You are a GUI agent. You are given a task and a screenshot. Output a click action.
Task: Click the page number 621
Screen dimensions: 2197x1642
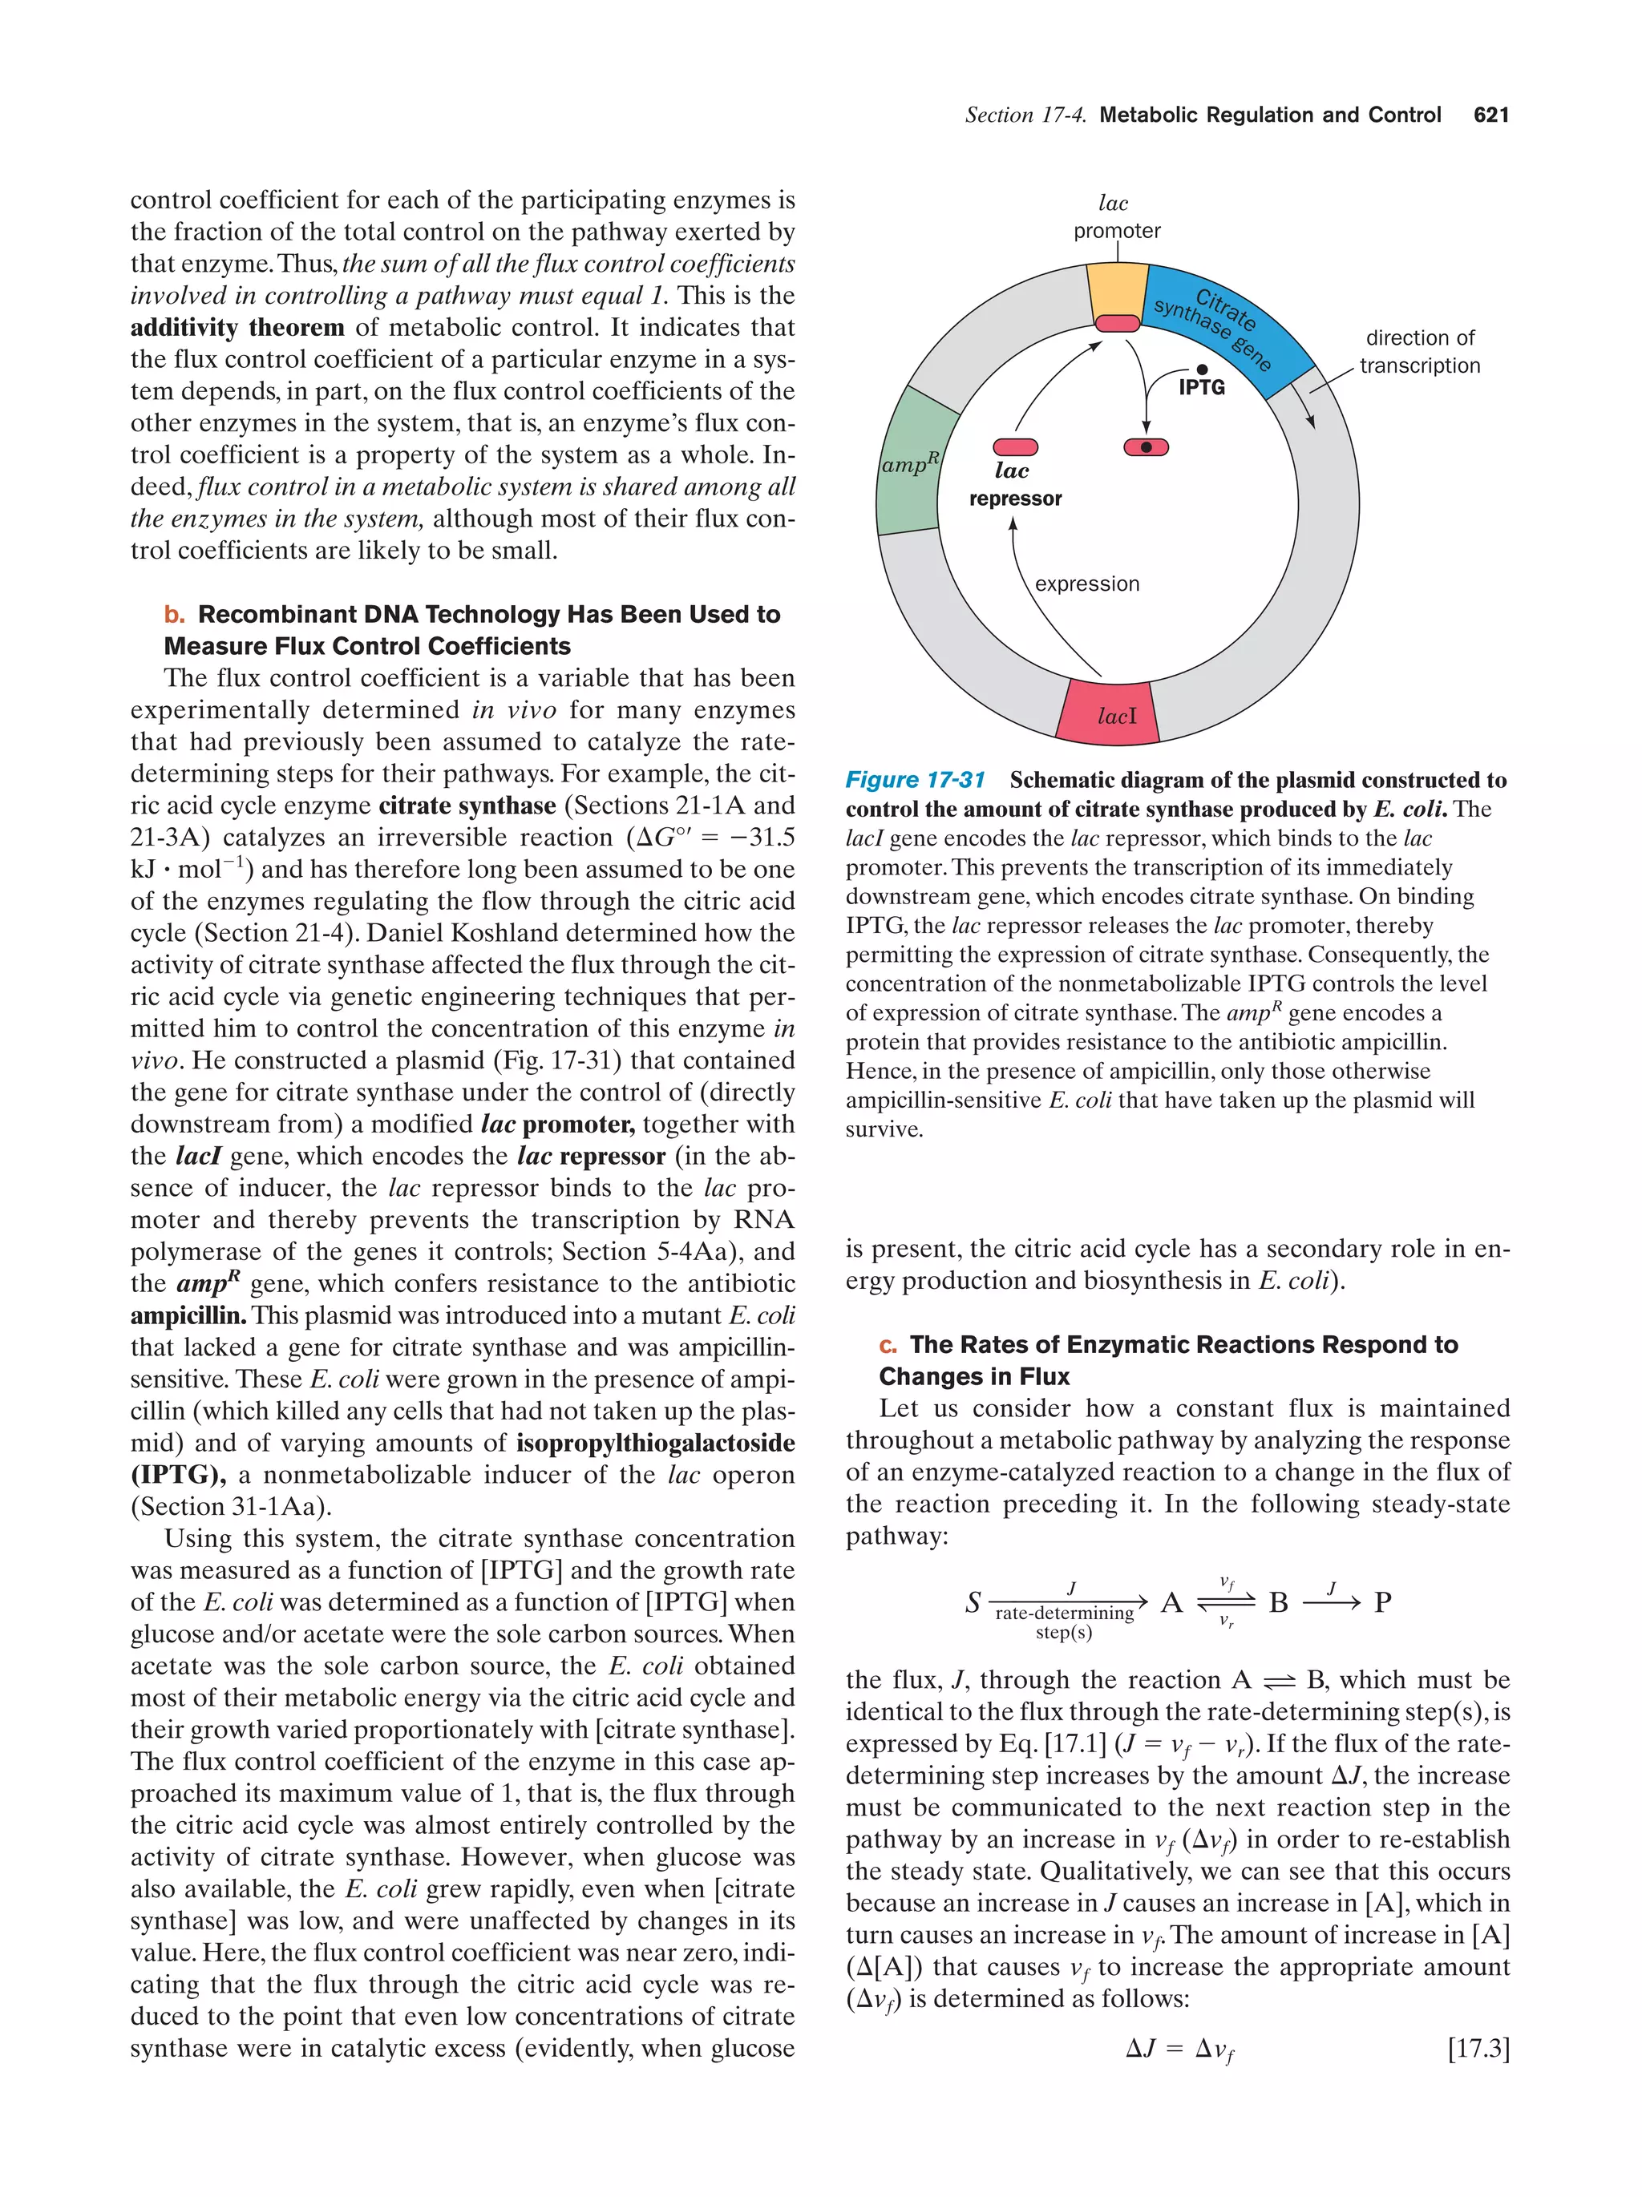click(1490, 115)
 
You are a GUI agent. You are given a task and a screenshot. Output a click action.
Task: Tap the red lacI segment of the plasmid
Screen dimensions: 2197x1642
click(1106, 711)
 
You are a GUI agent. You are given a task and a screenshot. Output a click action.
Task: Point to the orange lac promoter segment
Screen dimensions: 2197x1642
click(1117, 290)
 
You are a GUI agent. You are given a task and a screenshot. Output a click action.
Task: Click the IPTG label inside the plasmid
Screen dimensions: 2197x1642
click(1201, 387)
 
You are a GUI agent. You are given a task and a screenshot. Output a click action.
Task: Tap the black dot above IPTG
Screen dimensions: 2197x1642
click(1201, 370)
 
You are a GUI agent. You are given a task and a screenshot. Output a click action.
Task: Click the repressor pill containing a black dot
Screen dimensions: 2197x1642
click(1146, 447)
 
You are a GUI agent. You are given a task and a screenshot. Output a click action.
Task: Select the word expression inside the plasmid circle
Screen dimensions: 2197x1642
click(1086, 584)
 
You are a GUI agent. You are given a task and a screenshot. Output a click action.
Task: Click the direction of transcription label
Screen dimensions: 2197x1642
click(1418, 352)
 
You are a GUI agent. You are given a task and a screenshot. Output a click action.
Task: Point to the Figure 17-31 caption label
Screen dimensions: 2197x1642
click(914, 780)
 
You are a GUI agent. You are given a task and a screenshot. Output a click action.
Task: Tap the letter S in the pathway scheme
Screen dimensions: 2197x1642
click(973, 1602)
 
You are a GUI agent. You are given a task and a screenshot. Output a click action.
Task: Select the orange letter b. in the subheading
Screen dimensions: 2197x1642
click(175, 615)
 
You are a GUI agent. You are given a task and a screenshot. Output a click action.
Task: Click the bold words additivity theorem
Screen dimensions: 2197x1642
click(237, 328)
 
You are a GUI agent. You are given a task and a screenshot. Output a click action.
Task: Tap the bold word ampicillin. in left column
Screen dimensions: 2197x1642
click(188, 1315)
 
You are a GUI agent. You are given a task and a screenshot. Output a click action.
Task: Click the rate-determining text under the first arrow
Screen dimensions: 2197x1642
click(1064, 1613)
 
